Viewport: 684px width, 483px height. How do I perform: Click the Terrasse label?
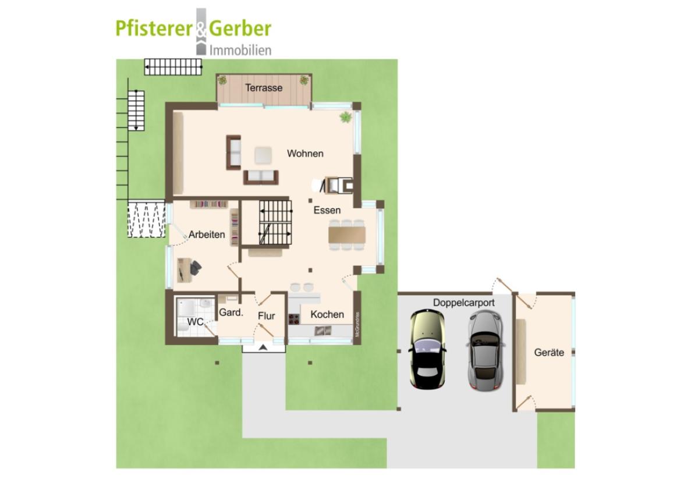click(x=264, y=88)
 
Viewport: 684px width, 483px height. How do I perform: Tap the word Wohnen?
click(x=305, y=154)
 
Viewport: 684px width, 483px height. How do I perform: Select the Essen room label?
click(x=327, y=210)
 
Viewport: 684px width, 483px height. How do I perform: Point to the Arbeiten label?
click(x=206, y=235)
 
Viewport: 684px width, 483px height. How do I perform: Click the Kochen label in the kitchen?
click(x=327, y=314)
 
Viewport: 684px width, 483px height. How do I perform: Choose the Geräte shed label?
click(x=549, y=352)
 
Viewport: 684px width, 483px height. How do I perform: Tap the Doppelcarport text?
click(x=464, y=303)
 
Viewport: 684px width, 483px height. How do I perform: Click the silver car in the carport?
click(x=485, y=350)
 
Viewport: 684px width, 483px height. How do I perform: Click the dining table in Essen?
click(x=347, y=235)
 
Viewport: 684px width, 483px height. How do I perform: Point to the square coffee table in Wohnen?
click(x=263, y=155)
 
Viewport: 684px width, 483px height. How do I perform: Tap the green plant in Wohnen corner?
click(x=345, y=118)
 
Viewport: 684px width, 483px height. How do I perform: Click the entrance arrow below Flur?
click(x=263, y=347)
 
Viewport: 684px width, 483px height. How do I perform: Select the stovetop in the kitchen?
click(x=293, y=319)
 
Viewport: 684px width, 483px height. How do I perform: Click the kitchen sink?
click(x=323, y=331)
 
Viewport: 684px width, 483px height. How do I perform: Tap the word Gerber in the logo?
click(x=240, y=29)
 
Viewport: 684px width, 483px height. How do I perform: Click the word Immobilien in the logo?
click(x=240, y=50)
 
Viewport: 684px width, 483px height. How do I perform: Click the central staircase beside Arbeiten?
click(x=275, y=222)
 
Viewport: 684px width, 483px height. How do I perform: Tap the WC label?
click(x=195, y=322)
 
